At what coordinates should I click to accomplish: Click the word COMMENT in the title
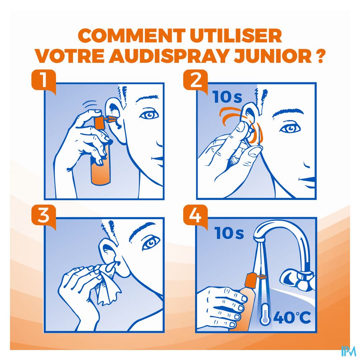(132, 36)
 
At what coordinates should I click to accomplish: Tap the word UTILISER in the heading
(236, 36)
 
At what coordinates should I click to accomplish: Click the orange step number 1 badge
(44, 81)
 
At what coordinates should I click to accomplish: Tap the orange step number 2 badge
(195, 81)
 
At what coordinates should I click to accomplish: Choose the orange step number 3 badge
(44, 216)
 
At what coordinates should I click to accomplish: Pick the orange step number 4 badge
(195, 216)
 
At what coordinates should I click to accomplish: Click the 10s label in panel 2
(227, 97)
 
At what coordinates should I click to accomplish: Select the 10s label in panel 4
(229, 233)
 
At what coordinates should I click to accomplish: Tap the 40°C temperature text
(292, 318)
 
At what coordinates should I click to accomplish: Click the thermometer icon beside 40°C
(264, 314)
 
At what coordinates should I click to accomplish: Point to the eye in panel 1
(149, 114)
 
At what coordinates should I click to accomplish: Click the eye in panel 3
(151, 243)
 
